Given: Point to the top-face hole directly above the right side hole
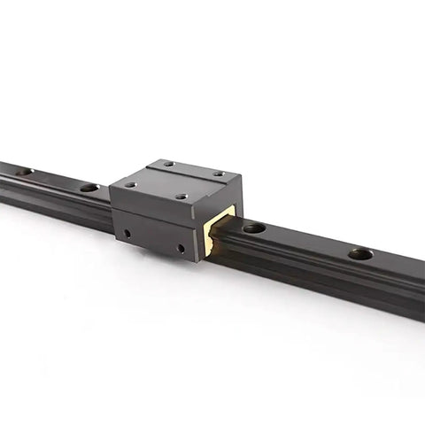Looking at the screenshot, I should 181,197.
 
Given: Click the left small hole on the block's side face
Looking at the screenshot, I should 127,233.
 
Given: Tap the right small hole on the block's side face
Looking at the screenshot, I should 181,249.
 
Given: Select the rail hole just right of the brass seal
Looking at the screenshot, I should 254,228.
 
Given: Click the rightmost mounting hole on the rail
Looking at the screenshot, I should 359,254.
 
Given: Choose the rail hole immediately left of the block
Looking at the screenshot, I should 89,188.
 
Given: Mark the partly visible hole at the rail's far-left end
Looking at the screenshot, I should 24,172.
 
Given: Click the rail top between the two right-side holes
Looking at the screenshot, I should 306,240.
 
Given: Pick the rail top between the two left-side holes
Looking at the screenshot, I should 56,179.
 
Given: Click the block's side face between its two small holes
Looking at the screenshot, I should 154,240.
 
